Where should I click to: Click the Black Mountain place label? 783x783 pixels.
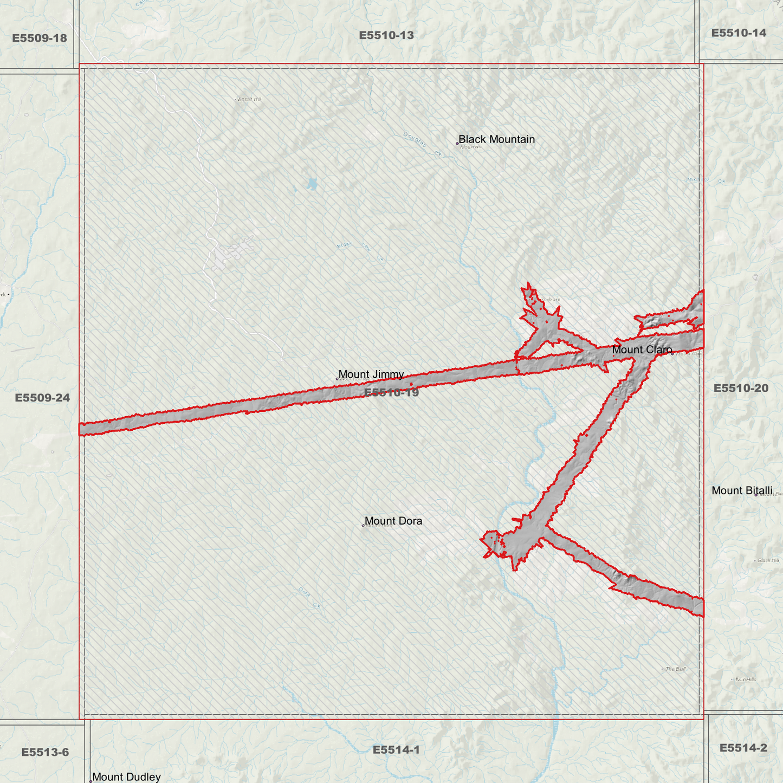[x=496, y=139]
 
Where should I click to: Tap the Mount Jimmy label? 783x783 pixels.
[x=371, y=374]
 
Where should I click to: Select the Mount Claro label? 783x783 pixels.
[x=642, y=350]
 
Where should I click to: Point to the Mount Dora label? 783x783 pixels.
[x=393, y=521]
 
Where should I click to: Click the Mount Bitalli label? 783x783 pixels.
[x=741, y=490]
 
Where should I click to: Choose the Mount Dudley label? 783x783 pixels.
[x=126, y=777]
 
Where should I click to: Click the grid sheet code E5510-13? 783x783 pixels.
[x=386, y=35]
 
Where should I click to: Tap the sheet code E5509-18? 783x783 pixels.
[x=40, y=38]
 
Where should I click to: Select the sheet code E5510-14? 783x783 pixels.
[x=739, y=33]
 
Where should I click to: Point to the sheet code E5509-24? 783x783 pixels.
[x=42, y=398]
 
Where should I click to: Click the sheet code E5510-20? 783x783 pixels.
[x=741, y=388]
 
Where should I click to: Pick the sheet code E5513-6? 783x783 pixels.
[x=45, y=752]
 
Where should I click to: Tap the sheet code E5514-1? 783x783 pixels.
[x=396, y=750]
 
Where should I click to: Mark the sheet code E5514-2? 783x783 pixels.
[x=743, y=748]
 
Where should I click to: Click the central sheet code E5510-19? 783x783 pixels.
[x=391, y=392]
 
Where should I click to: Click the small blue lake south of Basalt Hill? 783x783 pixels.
[x=312, y=185]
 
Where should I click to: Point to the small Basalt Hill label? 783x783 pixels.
[x=249, y=99]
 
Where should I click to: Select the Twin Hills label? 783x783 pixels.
[x=745, y=679]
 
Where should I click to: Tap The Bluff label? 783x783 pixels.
[x=676, y=669]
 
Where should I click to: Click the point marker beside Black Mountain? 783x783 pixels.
[x=457, y=143]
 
